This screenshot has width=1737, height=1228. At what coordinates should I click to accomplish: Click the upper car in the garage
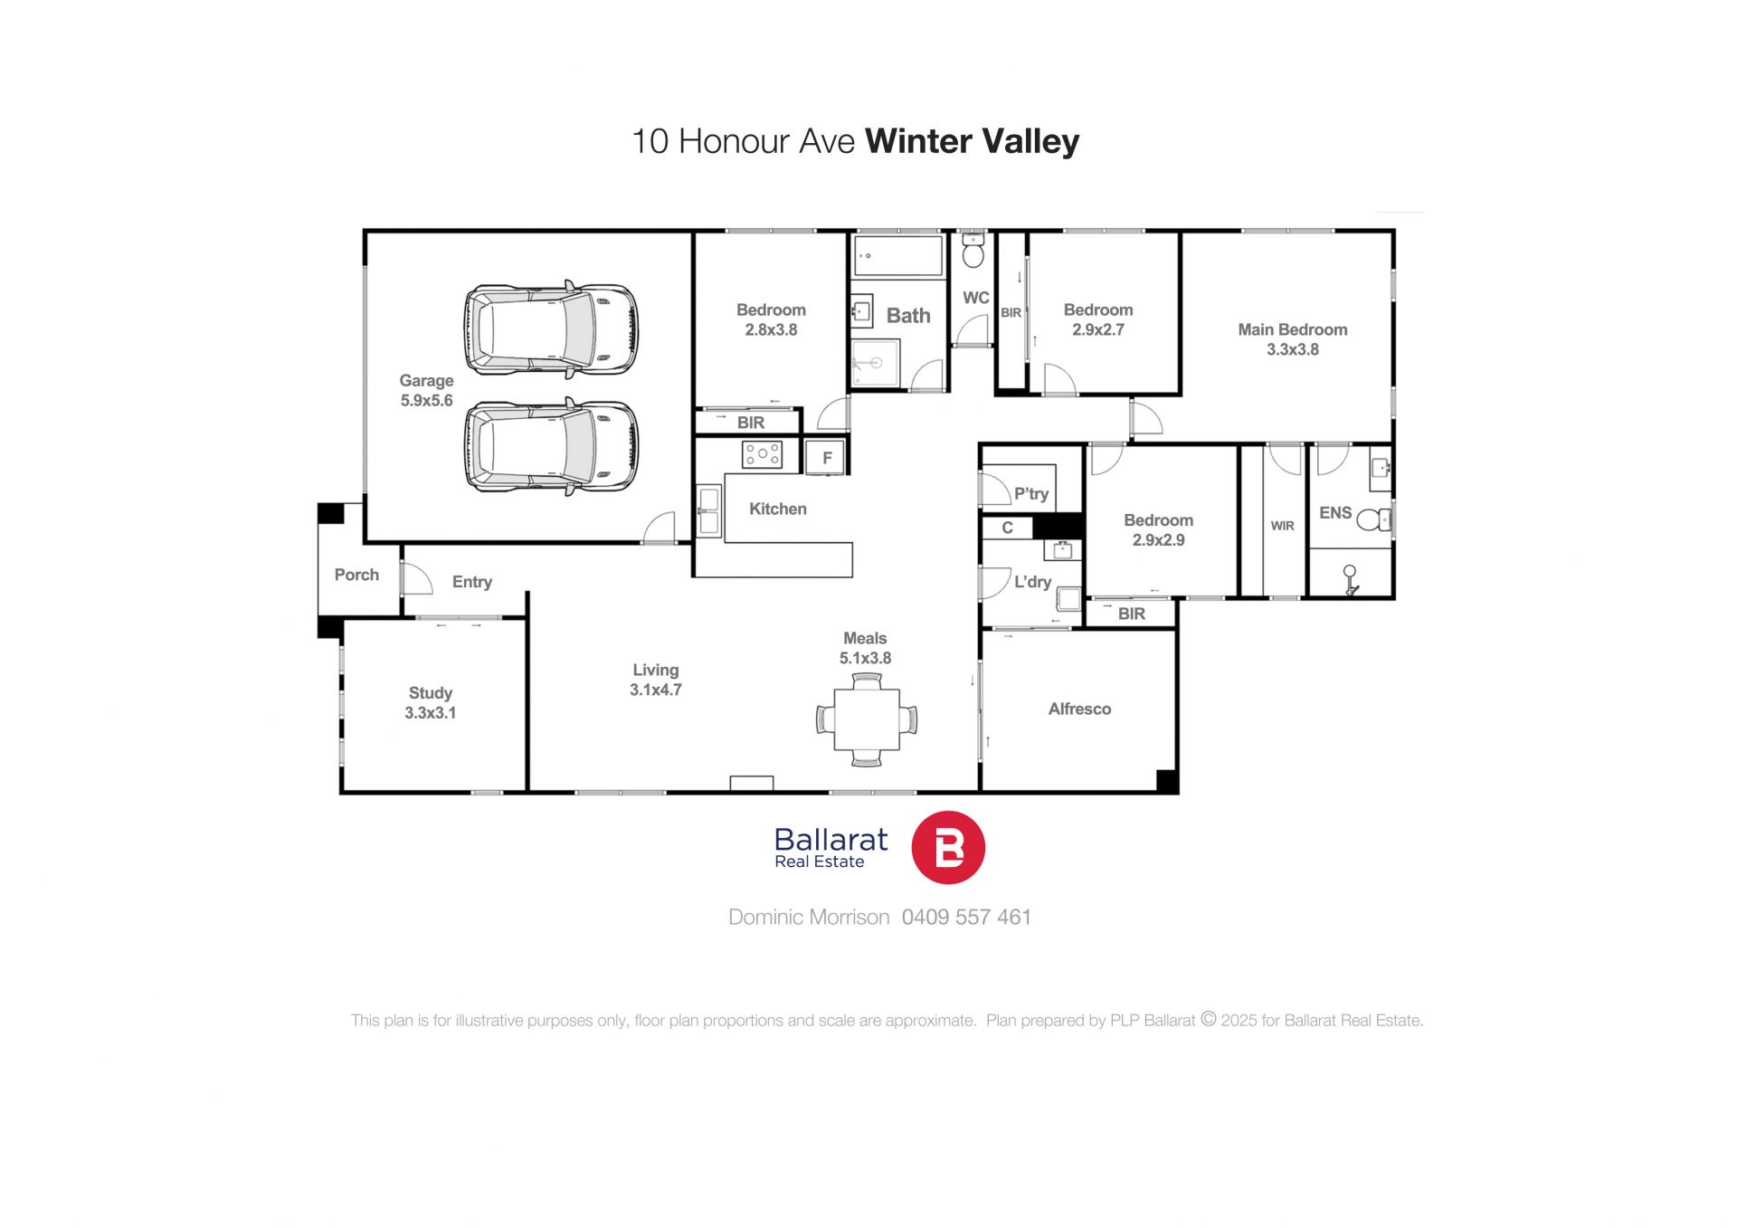click(x=551, y=328)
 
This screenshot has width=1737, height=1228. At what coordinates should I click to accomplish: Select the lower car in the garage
click(x=551, y=446)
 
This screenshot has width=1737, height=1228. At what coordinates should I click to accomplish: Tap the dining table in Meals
click(x=867, y=719)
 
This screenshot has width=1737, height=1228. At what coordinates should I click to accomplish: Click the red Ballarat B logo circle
click(x=948, y=847)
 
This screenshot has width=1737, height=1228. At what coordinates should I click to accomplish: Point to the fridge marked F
click(x=826, y=458)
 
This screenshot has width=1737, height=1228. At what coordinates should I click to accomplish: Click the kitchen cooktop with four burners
click(x=762, y=454)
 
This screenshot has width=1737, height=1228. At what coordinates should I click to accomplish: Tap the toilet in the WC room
click(x=973, y=251)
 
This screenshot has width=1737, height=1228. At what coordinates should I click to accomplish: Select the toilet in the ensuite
click(x=1374, y=519)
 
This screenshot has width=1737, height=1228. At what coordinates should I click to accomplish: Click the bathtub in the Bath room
click(x=898, y=256)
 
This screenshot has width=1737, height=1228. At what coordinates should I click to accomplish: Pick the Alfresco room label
click(x=1079, y=709)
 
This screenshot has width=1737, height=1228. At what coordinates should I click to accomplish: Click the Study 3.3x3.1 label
click(x=431, y=703)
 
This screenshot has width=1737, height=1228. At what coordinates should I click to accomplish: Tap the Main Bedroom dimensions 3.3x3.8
click(x=1293, y=350)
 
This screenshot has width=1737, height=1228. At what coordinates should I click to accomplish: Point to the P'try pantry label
click(x=1030, y=494)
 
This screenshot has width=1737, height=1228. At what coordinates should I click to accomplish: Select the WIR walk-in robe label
click(x=1282, y=526)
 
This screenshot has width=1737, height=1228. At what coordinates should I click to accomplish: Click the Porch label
click(x=356, y=575)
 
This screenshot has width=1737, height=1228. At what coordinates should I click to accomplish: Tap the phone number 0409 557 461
click(x=966, y=918)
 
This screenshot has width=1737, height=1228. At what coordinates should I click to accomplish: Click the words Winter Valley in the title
click(x=973, y=141)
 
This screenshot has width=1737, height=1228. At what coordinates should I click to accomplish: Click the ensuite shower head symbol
click(x=1350, y=579)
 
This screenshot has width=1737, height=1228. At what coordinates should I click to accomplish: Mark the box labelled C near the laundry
click(x=1007, y=528)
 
